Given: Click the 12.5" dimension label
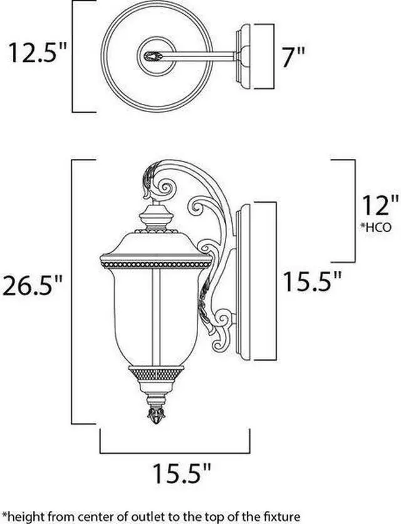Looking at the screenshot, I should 37,54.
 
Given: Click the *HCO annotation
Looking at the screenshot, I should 376,227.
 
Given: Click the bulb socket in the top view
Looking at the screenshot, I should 152,56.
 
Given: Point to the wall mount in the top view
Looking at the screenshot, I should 255,56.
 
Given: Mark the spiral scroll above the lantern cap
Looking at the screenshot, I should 167,187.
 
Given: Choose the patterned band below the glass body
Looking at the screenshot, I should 154,374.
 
